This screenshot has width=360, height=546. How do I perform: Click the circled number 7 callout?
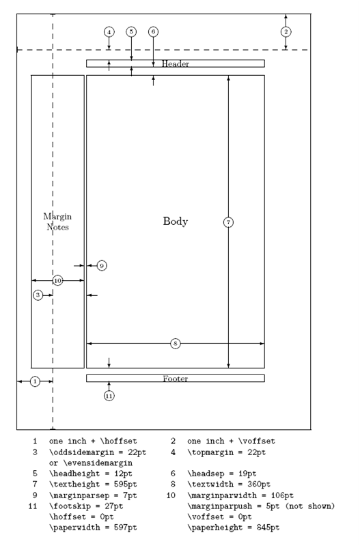[228, 222]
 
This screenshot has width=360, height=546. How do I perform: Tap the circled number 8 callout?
[175, 344]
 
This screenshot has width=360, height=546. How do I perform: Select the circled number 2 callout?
[286, 32]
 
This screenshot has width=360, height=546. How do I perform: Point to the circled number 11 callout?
[109, 396]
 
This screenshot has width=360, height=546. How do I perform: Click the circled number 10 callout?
[58, 280]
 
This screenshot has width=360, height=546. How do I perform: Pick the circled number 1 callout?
[35, 381]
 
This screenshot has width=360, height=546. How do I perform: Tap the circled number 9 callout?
[102, 266]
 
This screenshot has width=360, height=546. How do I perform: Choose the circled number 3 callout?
[38, 295]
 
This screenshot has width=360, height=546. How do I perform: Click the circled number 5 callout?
[131, 32]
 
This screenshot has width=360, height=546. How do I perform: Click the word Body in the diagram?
[176, 221]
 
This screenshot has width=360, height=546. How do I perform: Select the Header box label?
[176, 64]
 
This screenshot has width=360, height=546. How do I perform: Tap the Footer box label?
[176, 379]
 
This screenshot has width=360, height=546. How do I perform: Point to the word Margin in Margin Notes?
[57, 217]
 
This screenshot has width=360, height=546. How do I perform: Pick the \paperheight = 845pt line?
[233, 528]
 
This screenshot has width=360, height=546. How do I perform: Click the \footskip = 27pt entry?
[86, 506]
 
